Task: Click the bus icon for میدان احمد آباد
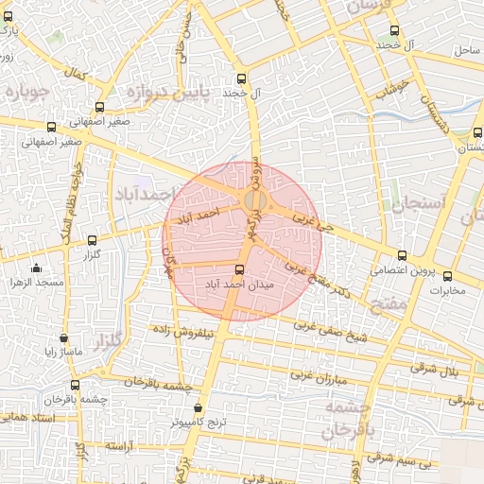(x=238, y=269)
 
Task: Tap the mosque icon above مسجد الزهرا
(x=37, y=268)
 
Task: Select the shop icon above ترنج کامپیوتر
(x=198, y=408)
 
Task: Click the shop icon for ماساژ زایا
(x=63, y=337)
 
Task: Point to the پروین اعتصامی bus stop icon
(x=402, y=255)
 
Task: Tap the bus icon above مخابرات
(x=447, y=277)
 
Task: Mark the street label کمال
(x=75, y=74)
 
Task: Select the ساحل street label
(x=467, y=48)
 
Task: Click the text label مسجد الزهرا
(x=36, y=284)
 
